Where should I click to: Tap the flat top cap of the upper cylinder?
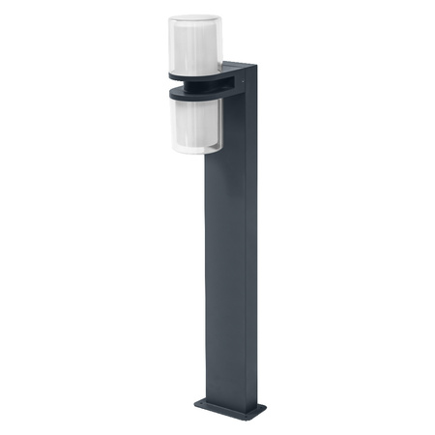[x=194, y=18]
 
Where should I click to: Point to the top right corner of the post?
[x=258, y=65]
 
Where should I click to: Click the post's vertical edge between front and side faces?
[x=244, y=242]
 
